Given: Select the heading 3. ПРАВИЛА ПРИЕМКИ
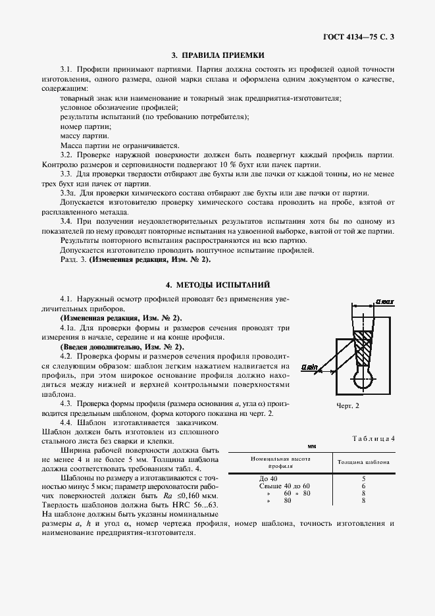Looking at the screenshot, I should click(x=217, y=56).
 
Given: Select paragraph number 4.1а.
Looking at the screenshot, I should click(x=69, y=327).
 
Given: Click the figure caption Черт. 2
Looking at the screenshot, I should click(x=348, y=405).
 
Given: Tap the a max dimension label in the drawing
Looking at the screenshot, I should click(x=384, y=301).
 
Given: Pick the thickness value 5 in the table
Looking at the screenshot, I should click(x=363, y=478).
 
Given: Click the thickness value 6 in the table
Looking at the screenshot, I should click(x=363, y=486).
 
